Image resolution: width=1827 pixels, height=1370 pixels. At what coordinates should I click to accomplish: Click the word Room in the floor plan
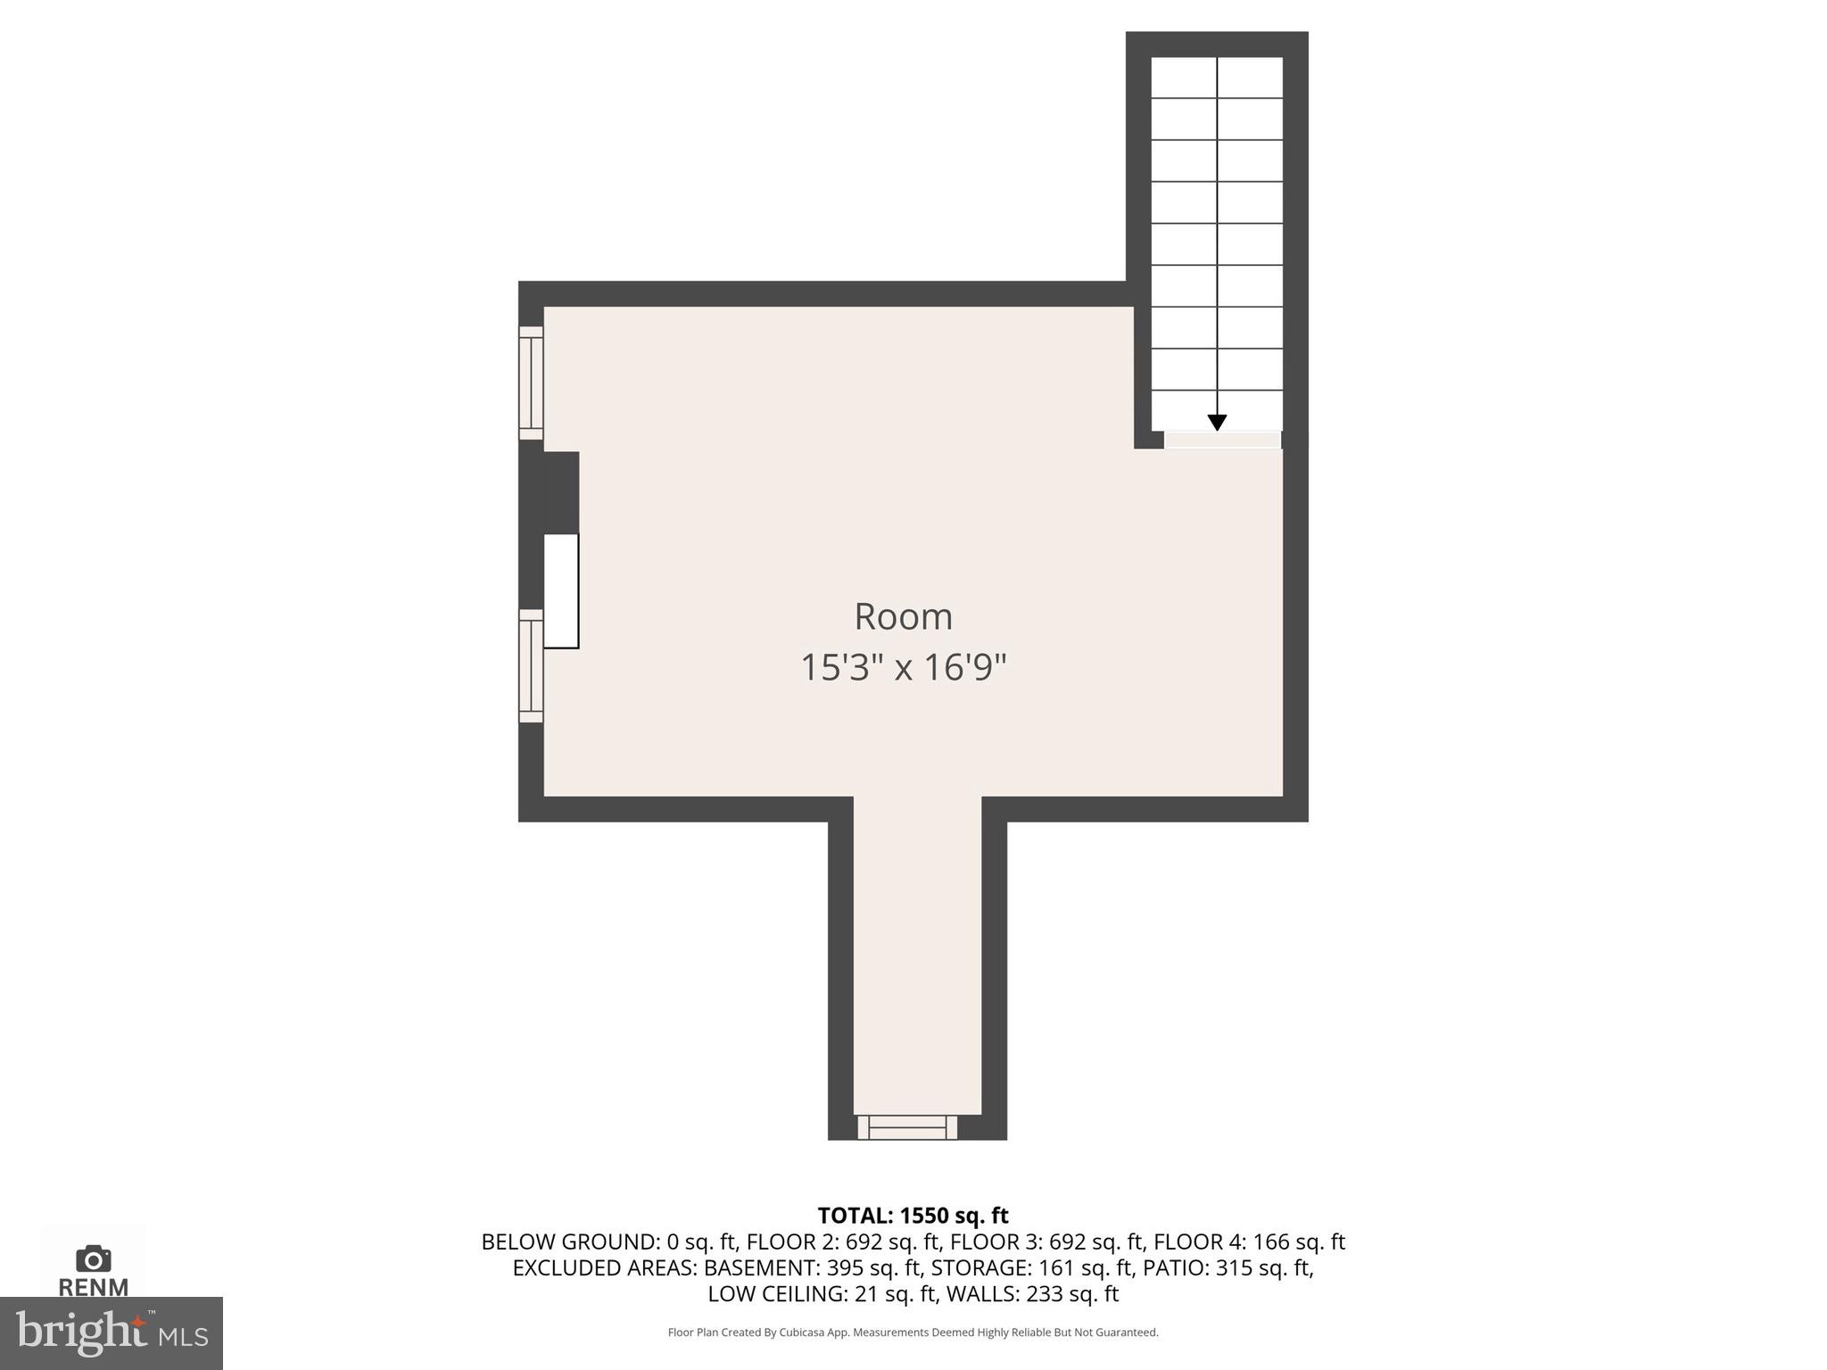pos(903,616)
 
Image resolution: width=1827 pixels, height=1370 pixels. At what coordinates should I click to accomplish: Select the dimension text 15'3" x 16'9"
pos(903,667)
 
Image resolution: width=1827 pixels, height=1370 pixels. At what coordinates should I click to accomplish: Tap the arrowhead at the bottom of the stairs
pos(1217,423)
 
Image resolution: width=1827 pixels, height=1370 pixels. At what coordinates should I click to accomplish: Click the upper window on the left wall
pos(531,383)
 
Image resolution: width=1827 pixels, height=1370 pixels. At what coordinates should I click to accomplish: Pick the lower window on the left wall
pos(531,665)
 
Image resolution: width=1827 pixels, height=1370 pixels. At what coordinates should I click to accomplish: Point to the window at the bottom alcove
pos(907,1127)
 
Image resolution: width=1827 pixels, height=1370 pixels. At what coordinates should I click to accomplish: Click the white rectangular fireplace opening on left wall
pos(561,590)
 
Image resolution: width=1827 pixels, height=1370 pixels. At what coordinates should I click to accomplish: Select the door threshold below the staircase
pos(1222,440)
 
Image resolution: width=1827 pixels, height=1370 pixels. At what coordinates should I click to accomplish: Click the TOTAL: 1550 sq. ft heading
pos(913,1216)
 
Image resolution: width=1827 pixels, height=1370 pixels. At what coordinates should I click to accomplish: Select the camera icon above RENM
pos(94,1259)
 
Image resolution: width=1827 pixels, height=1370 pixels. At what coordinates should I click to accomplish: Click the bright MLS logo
pos(111,1333)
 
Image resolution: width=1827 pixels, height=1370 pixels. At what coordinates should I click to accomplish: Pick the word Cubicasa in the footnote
pos(800,1333)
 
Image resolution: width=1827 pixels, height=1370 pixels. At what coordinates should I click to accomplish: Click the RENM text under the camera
pos(94,1287)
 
